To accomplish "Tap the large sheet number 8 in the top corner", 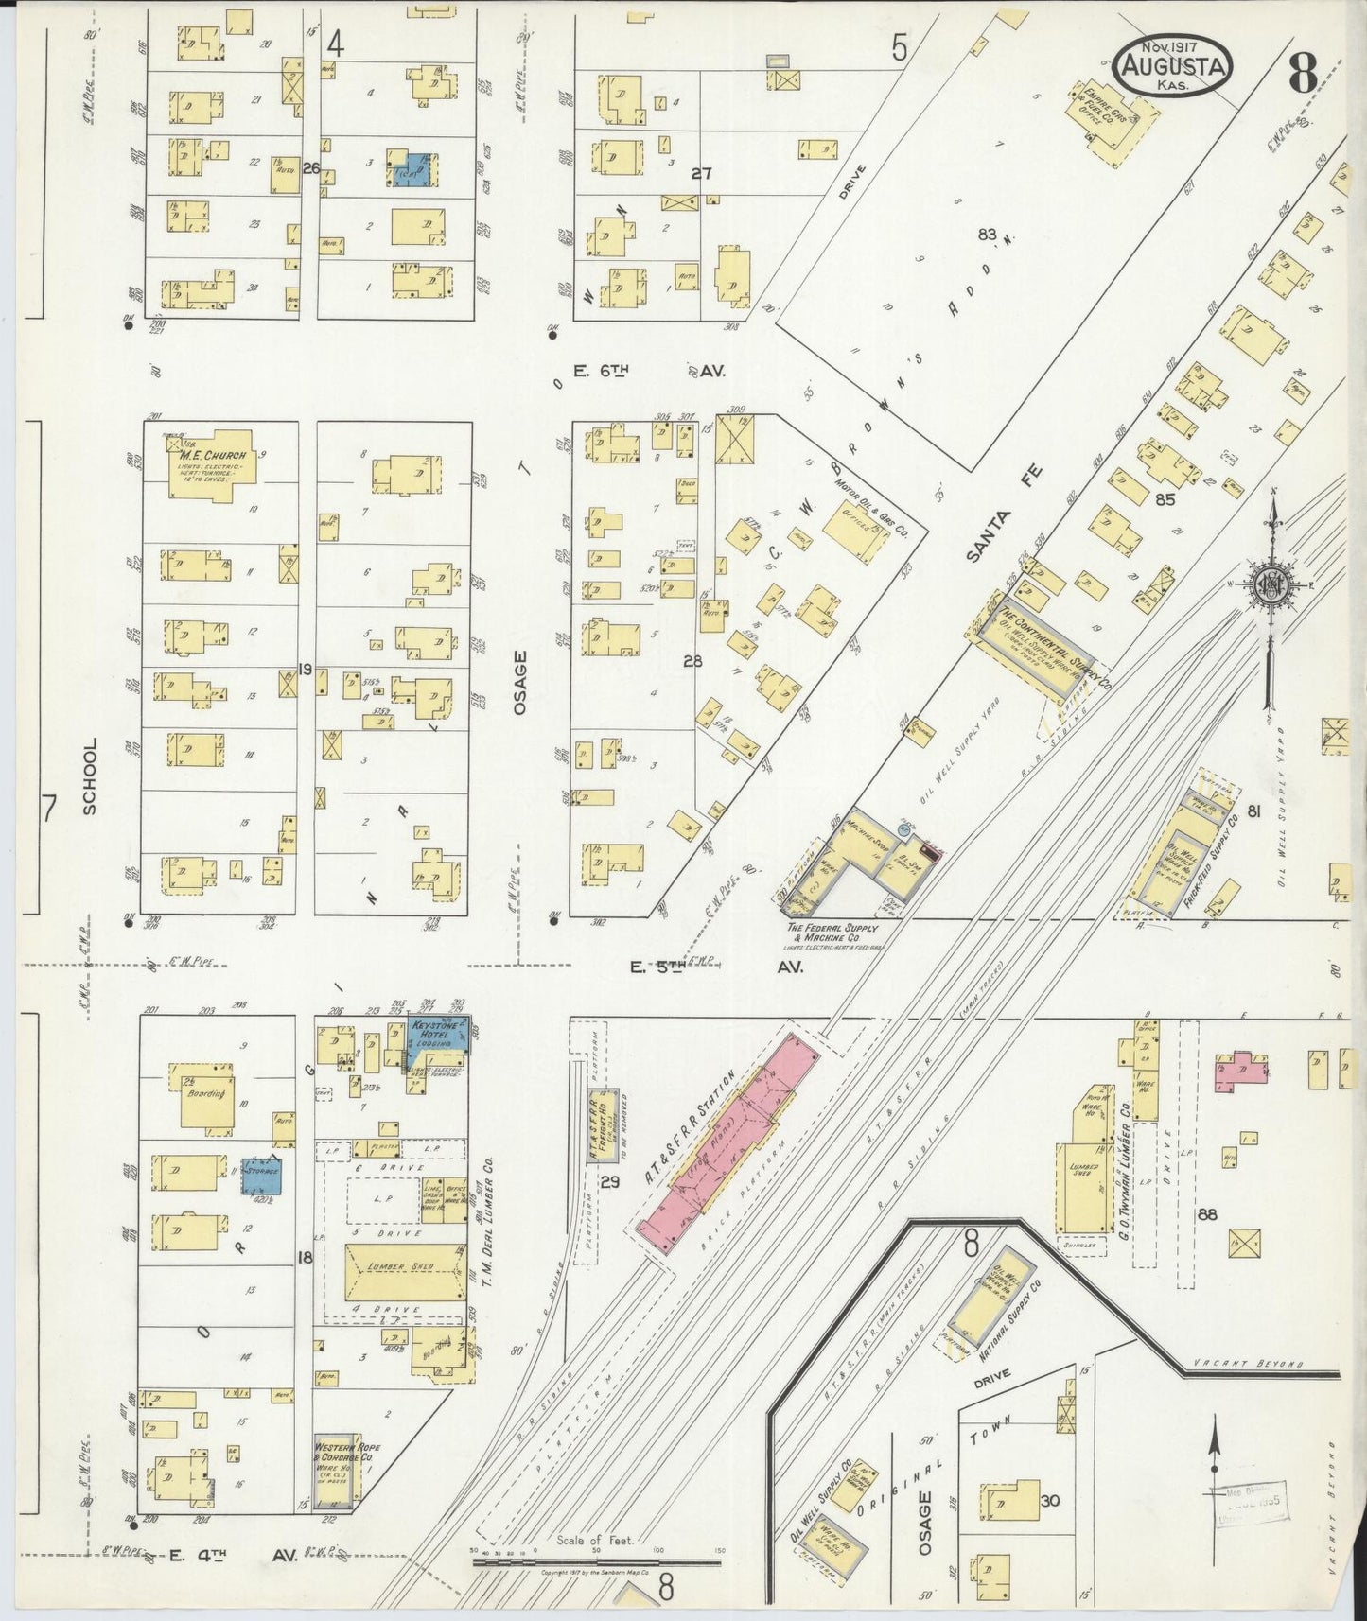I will pyautogui.click(x=1304, y=72).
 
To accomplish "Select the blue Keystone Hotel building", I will pyautogui.click(x=437, y=1041).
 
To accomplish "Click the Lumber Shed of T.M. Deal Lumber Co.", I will pyautogui.click(x=404, y=1268).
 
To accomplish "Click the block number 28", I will pyautogui.click(x=692, y=661).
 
